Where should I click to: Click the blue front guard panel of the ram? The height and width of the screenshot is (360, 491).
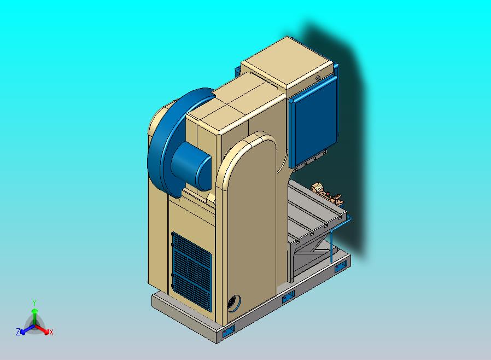[314, 123]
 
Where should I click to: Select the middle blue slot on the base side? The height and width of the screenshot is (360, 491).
[288, 296]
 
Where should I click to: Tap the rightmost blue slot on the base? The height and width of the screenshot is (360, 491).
[341, 266]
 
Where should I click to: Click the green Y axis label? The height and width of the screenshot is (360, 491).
[34, 303]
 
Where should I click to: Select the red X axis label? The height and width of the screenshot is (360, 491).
[51, 332]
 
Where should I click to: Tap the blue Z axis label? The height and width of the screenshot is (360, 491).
[18, 332]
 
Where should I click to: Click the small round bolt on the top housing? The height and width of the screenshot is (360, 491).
[318, 78]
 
